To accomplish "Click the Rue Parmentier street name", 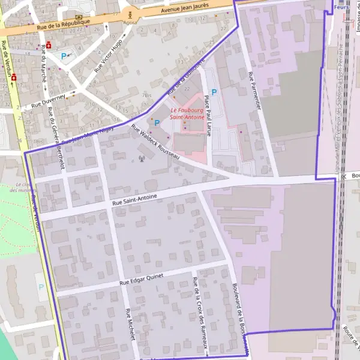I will (x=255, y=91).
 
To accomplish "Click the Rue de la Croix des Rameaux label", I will (x=200, y=312).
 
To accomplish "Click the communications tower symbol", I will (x=142, y=159).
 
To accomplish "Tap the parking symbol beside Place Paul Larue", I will (x=213, y=92).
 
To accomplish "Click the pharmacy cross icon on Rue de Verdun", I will (x=13, y=78).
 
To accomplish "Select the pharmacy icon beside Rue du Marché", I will (x=49, y=44).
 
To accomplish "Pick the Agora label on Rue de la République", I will (x=129, y=23).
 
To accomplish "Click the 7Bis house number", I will (x=147, y=95).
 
